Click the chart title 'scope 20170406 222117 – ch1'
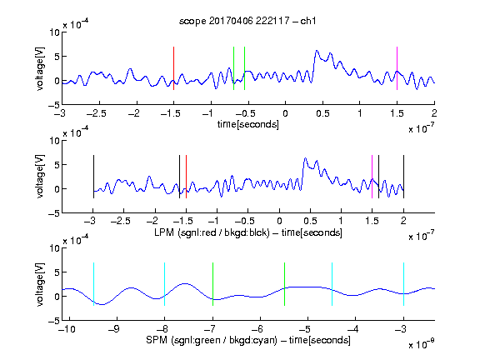247,21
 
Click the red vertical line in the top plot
173,68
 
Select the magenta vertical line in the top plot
397,68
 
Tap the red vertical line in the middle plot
186,177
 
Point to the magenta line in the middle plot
372,177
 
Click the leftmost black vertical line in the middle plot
93,177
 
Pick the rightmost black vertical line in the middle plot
403,177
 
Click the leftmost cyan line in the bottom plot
93,284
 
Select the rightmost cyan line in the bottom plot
403,284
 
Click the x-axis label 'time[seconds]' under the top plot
248,124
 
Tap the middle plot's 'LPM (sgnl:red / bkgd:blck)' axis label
212,232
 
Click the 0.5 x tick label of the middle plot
310,221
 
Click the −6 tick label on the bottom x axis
260,329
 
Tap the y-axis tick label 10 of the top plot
54,32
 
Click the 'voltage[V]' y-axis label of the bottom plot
40,284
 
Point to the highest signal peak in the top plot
317,51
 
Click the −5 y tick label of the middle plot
54,213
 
